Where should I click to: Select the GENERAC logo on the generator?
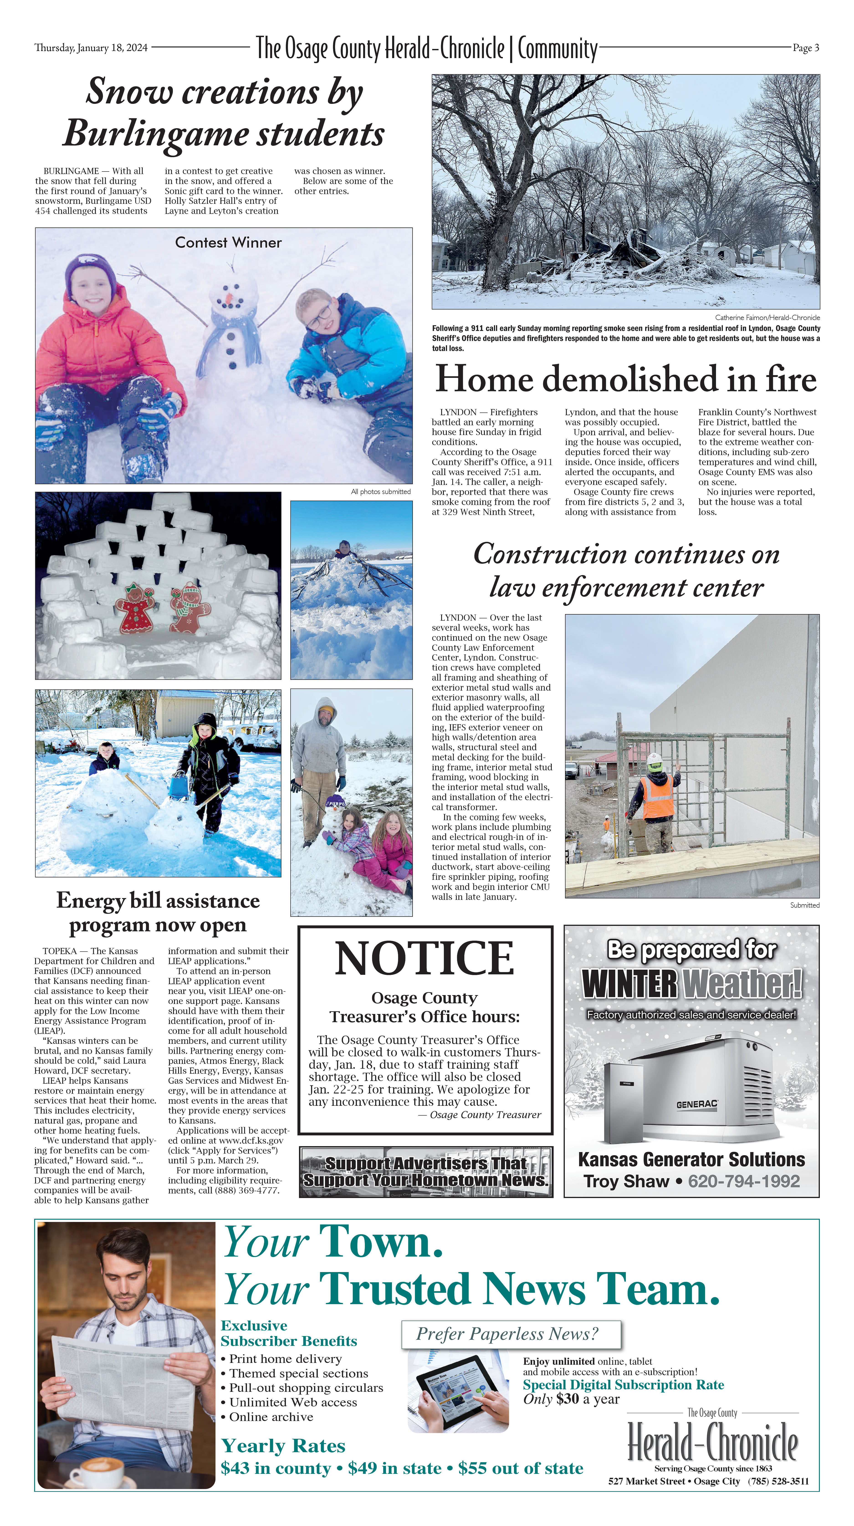[x=697, y=1104]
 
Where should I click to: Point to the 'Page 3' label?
[x=805, y=48]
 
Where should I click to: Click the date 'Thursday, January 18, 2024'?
[x=91, y=48]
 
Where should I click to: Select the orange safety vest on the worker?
[x=657, y=797]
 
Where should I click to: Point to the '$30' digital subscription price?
[x=567, y=1399]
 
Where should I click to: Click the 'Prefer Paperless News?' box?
[x=511, y=1334]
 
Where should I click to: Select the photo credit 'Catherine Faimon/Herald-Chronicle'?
[x=767, y=317]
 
